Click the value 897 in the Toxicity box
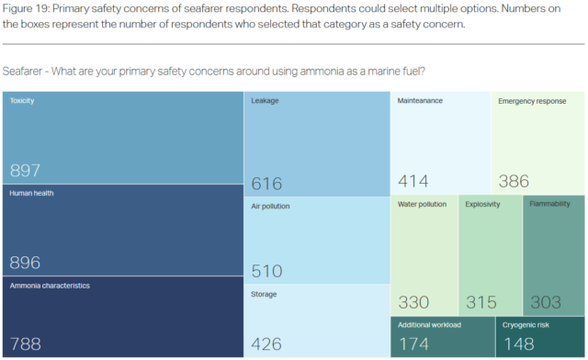[25, 171]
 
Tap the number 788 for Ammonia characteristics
[25, 344]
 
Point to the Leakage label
[265, 101]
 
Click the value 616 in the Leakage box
[266, 182]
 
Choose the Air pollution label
[270, 207]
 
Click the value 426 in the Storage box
[266, 344]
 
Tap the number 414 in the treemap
[414, 181]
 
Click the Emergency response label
[532, 101]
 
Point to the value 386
[514, 181]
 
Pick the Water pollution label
[423, 204]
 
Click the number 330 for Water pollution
[414, 302]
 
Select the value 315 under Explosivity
[481, 302]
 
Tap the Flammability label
[549, 204]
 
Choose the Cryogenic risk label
[526, 325]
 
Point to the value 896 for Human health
[25, 263]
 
